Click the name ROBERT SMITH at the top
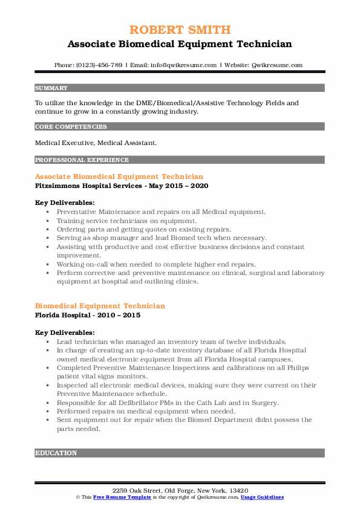pyautogui.click(x=180, y=30)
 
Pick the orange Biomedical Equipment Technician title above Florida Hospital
pyautogui.click(x=100, y=306)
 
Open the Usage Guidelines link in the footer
pyautogui.click(x=262, y=497)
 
